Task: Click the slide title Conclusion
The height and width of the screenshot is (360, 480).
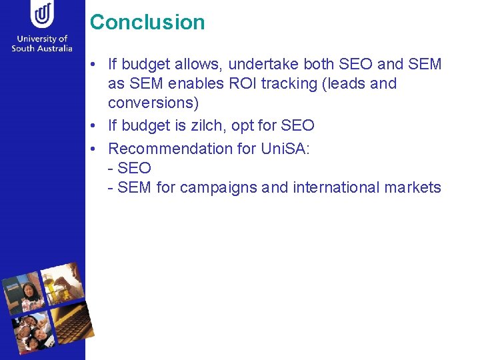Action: click(x=147, y=22)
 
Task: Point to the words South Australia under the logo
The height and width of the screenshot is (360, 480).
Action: click(x=42, y=49)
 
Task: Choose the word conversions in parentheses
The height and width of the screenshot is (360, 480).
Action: click(x=153, y=104)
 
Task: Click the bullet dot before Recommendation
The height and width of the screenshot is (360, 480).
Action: click(x=96, y=148)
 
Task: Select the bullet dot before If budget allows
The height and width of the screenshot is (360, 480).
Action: click(x=96, y=65)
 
